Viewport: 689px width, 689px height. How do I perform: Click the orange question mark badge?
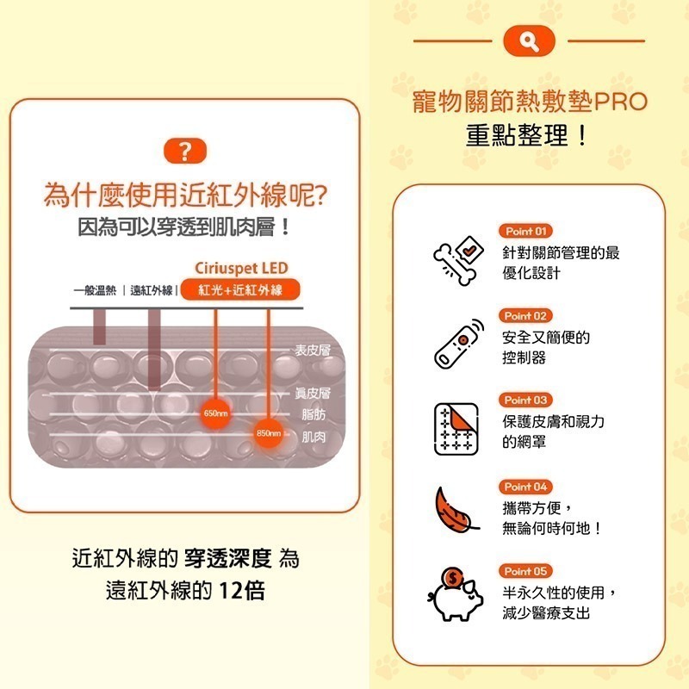tap(185, 152)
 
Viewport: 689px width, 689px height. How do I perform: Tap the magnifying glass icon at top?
tap(530, 40)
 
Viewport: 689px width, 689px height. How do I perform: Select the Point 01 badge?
tap(525, 232)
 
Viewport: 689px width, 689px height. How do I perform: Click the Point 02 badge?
tap(525, 316)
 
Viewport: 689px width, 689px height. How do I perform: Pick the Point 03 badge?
tap(525, 400)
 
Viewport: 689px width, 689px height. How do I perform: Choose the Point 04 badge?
tap(525, 487)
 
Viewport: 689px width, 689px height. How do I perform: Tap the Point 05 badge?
tap(525, 571)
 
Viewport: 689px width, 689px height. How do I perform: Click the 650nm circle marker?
tap(215, 414)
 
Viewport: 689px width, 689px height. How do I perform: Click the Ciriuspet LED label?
tap(241, 268)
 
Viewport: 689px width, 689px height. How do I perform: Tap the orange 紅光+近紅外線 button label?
tap(241, 290)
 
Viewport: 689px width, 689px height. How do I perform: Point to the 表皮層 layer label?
tap(313, 351)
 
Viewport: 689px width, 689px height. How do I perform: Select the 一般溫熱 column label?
tap(95, 291)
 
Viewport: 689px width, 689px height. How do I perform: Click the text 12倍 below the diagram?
tap(243, 592)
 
